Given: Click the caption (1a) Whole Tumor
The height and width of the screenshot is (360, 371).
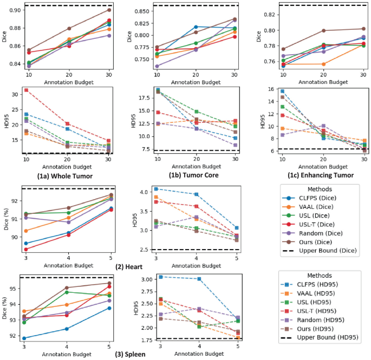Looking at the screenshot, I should [58, 175].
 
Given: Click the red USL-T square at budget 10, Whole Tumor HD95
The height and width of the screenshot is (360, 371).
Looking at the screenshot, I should [26, 90].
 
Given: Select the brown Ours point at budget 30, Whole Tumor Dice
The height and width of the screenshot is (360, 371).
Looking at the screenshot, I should [109, 10].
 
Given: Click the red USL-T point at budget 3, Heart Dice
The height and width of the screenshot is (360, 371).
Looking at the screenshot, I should [26, 250].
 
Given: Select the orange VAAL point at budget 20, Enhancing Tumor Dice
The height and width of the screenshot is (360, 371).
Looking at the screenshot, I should [323, 64].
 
